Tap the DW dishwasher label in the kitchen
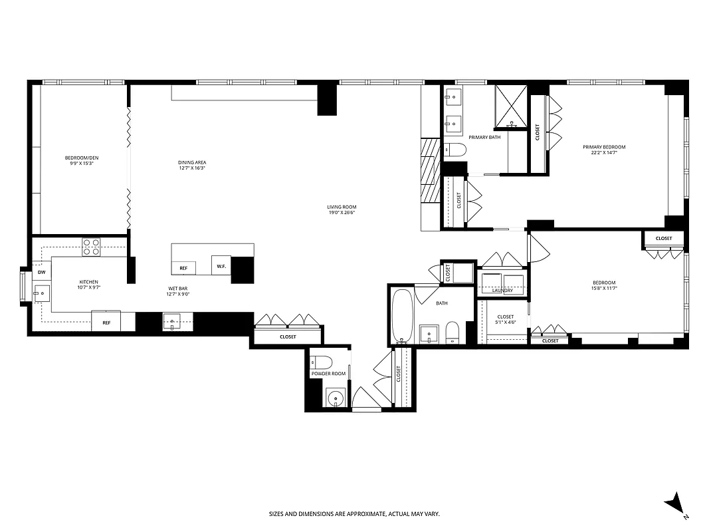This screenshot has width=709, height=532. (x=41, y=272)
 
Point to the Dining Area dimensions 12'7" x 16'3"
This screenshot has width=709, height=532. (x=191, y=168)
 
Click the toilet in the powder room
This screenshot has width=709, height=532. (x=322, y=362)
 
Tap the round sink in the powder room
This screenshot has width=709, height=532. (x=336, y=399)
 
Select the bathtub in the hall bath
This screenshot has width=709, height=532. (x=401, y=315)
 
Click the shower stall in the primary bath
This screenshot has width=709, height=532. (x=512, y=106)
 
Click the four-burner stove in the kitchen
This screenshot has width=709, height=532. (x=91, y=247)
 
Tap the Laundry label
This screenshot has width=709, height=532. (x=502, y=291)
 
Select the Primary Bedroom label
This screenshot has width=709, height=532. (x=604, y=147)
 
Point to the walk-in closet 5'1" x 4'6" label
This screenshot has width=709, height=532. (x=505, y=320)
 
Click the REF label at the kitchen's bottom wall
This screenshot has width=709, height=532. (x=106, y=323)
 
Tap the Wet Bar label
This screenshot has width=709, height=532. (x=176, y=288)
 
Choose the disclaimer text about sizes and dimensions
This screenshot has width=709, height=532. (x=354, y=513)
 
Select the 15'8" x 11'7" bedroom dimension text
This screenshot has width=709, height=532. (x=604, y=288)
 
